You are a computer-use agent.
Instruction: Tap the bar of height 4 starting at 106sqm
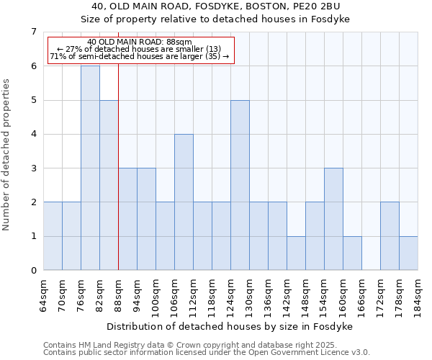[184, 202]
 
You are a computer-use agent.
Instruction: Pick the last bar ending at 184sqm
[408, 253]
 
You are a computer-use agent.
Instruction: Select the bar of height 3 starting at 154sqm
[333, 219]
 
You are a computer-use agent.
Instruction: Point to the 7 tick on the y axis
[33, 32]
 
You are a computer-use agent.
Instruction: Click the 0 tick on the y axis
[33, 271]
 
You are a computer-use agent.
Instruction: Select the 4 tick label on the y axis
[33, 134]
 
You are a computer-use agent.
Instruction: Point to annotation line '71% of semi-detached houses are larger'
[139, 56]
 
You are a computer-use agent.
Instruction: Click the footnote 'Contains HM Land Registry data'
[206, 345]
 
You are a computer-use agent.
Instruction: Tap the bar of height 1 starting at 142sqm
[296, 253]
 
